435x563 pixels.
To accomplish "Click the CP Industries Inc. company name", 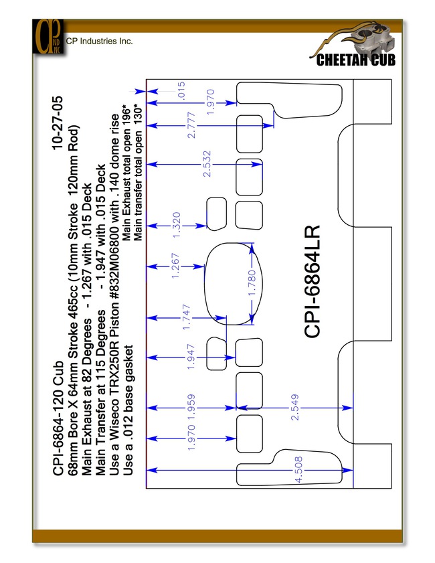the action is (x=99, y=41).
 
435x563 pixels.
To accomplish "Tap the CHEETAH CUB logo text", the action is (x=355, y=60).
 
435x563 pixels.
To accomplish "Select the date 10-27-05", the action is (x=58, y=123).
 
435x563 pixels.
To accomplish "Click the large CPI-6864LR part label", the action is (x=312, y=281).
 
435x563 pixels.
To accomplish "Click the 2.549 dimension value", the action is (x=294, y=407).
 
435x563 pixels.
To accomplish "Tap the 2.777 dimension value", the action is (x=191, y=125).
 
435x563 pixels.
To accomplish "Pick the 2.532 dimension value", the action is (x=207, y=164).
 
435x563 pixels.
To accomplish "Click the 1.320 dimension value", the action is (x=176, y=225).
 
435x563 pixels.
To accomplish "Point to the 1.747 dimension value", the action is (x=186, y=317).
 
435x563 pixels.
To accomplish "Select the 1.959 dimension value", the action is (x=191, y=407).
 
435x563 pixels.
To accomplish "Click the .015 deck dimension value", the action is (x=181, y=90).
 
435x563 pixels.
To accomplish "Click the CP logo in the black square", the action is (x=48, y=36).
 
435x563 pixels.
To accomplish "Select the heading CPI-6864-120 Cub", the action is (x=58, y=418).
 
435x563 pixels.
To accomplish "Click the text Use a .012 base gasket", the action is (x=128, y=410).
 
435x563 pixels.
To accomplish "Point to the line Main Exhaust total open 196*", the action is (x=126, y=172).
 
